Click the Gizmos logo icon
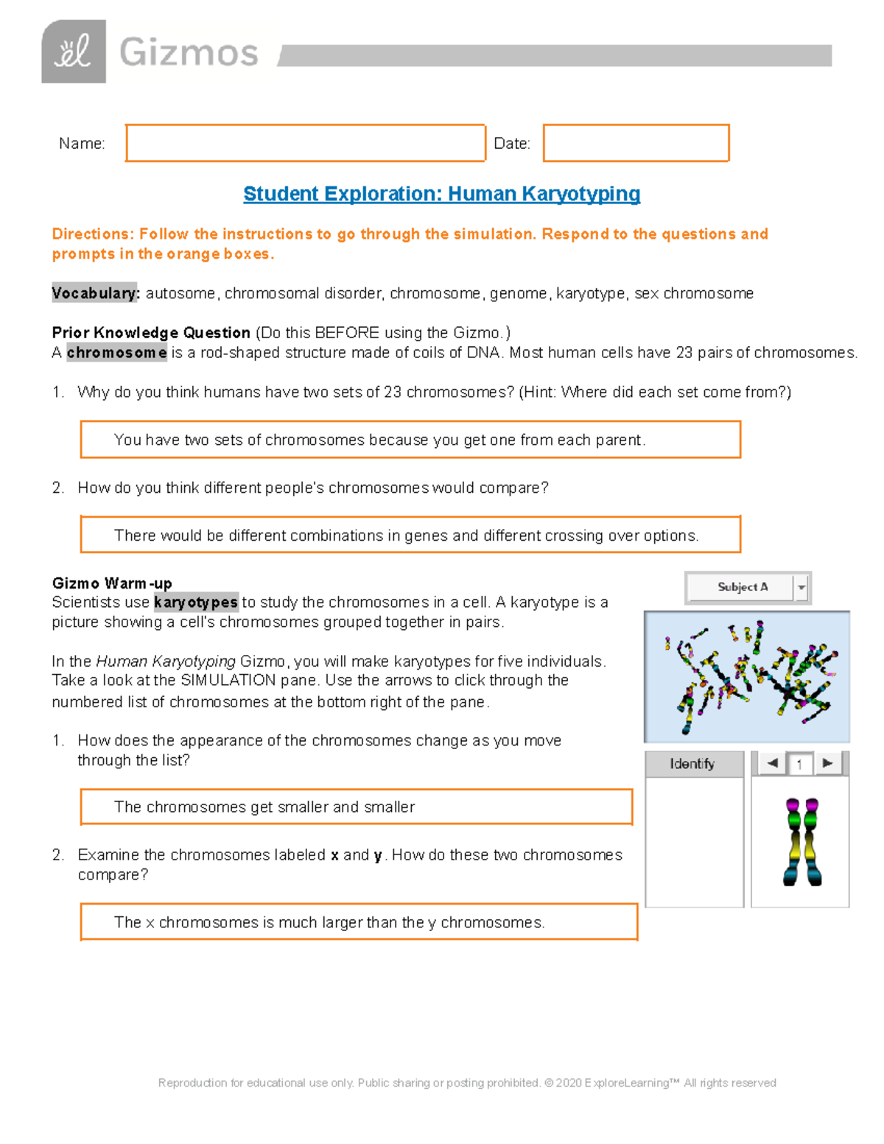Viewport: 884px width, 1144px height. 74,52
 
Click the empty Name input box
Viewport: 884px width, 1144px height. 305,143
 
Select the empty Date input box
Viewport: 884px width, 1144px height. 636,143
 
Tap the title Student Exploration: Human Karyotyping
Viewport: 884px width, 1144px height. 441,194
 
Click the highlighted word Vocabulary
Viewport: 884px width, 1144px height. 95,293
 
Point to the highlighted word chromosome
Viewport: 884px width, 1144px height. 116,353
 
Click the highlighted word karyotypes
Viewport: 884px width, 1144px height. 196,603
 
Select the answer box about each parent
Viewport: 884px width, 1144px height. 410,440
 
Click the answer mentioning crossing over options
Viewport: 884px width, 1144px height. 410,535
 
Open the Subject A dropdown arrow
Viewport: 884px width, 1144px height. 801,588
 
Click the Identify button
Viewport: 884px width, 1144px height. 692,764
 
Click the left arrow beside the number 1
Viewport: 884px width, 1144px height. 772,763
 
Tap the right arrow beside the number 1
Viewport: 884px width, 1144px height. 827,763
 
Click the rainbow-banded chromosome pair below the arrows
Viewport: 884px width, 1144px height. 801,841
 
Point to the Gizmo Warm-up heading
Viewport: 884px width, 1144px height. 112,583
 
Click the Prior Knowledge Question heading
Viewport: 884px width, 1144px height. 151,333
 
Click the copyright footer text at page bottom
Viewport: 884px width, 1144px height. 467,1083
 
